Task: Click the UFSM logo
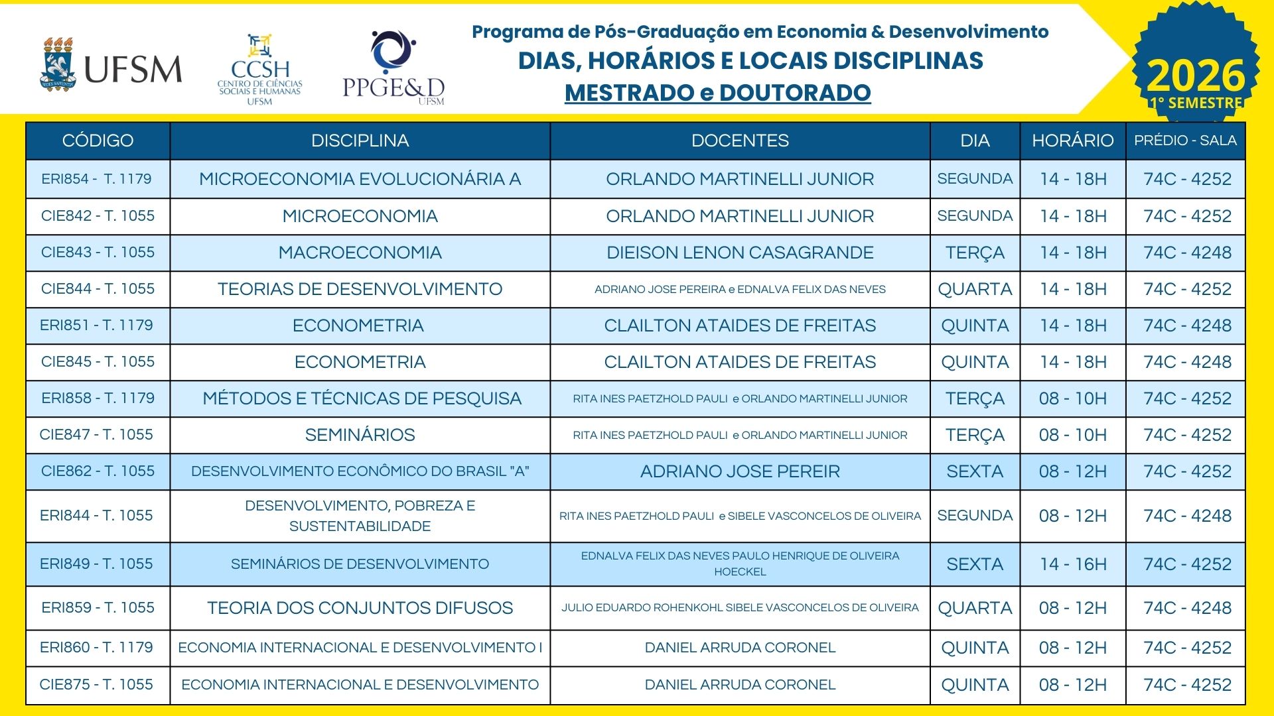tap(110, 65)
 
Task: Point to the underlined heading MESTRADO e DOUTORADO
tap(717, 93)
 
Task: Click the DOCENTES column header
tap(740, 141)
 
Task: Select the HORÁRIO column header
tap(1072, 141)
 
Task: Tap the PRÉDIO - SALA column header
tap(1185, 141)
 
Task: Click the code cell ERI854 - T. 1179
tap(97, 179)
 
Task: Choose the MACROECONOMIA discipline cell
tap(360, 253)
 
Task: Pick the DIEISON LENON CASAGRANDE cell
tap(740, 253)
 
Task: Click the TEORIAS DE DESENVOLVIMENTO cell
tap(360, 289)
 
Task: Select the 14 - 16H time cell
tap(1072, 564)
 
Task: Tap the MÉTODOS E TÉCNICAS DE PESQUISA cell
tap(362, 398)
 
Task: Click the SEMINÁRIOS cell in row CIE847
tap(360, 435)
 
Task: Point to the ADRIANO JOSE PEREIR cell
tap(740, 471)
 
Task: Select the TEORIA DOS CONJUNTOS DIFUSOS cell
tap(360, 608)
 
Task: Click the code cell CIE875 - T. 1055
tap(97, 685)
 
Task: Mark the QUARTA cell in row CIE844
tap(974, 289)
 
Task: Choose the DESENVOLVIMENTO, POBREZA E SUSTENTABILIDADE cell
tap(360, 516)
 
